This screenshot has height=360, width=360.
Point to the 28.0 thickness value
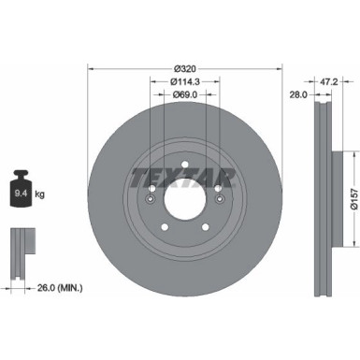[x=298, y=95]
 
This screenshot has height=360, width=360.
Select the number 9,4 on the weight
[x=18, y=194]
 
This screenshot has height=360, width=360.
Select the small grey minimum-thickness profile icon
[x=21, y=247]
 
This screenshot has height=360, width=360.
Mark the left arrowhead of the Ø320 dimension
[x=91, y=67]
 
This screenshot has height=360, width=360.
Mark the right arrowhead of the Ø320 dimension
[x=280, y=67]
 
